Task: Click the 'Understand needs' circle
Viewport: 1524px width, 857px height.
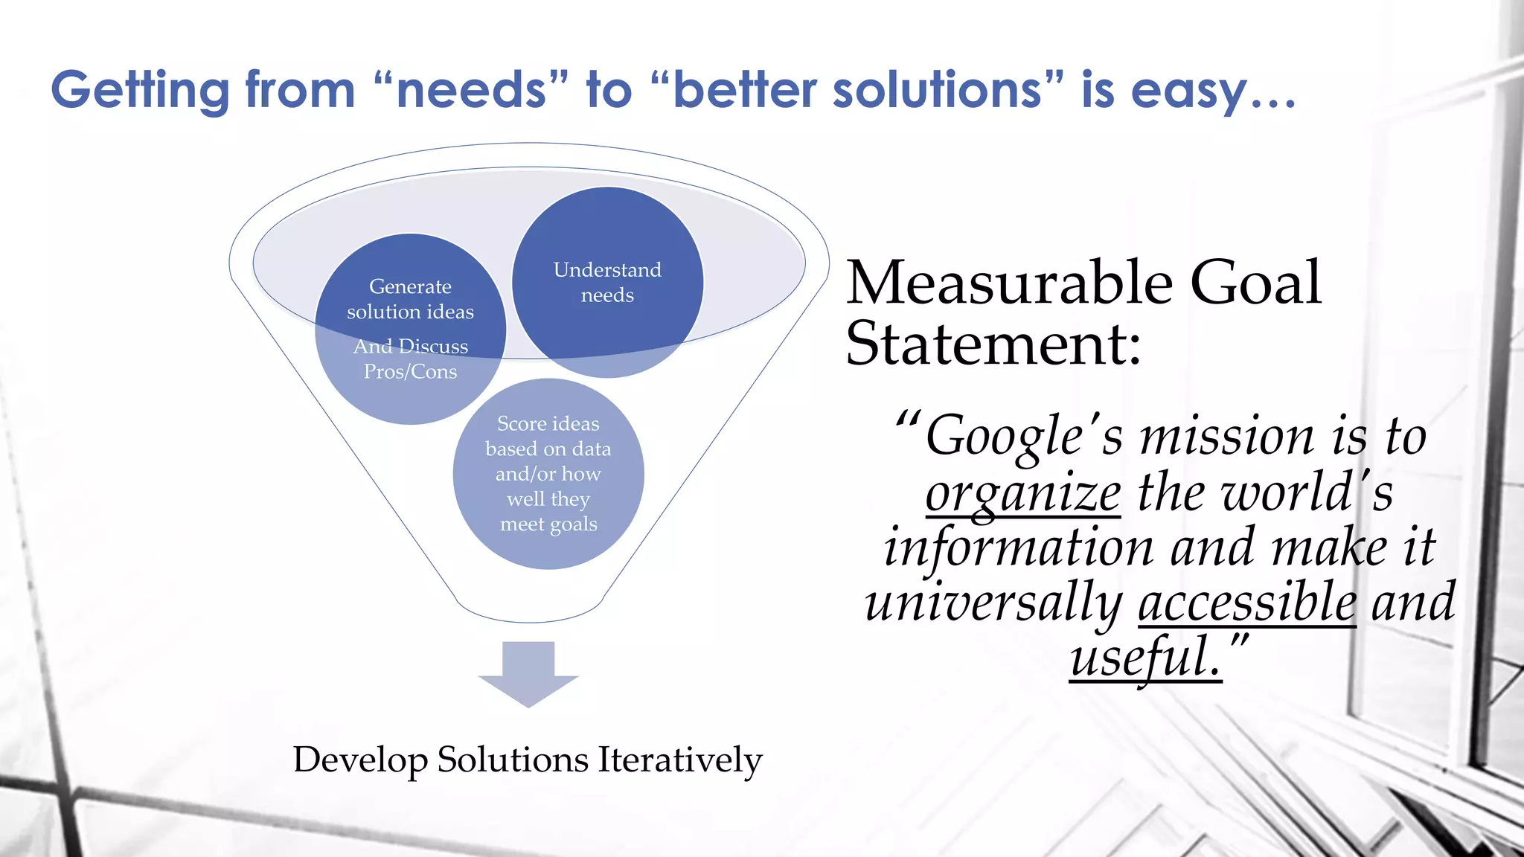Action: (607, 282)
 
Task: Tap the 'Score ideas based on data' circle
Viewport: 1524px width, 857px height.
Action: (548, 474)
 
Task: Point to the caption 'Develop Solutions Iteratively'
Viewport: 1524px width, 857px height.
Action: (528, 760)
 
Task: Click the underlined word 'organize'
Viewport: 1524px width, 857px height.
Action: (1022, 493)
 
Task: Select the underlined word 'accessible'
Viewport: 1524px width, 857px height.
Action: (1247, 602)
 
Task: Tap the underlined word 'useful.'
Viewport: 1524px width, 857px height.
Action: (1146, 657)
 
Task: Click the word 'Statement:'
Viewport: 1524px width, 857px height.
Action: (993, 344)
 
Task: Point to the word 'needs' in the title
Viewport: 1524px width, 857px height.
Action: (473, 90)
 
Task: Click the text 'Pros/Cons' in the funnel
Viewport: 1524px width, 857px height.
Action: (410, 371)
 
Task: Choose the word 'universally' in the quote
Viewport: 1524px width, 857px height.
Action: (993, 602)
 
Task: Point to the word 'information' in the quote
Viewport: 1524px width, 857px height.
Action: (1018, 548)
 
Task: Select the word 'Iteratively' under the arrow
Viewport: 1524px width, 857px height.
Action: (680, 760)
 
